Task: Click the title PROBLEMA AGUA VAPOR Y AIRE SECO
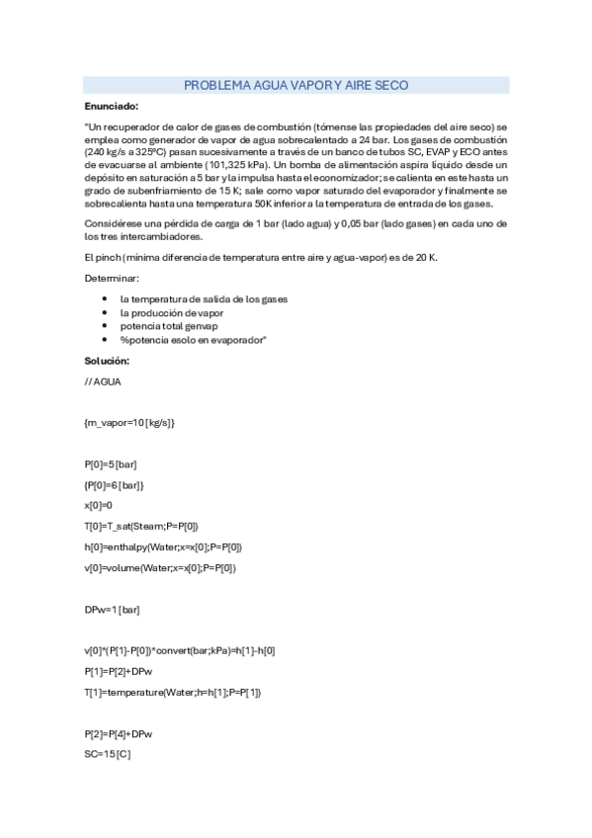(x=296, y=86)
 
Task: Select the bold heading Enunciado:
(x=111, y=106)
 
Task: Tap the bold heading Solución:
(x=107, y=360)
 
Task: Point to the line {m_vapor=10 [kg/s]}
(x=129, y=422)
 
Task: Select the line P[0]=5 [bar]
(x=111, y=463)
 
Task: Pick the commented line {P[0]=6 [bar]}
(x=115, y=484)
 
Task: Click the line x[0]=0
(x=99, y=505)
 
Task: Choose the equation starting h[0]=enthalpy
(x=163, y=546)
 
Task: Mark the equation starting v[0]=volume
(x=160, y=567)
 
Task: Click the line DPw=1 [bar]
(x=113, y=609)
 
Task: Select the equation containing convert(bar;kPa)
(x=180, y=650)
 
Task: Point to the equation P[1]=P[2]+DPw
(x=120, y=671)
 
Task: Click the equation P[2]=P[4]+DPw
(x=120, y=733)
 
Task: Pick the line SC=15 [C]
(x=108, y=754)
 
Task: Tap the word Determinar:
(x=112, y=279)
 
